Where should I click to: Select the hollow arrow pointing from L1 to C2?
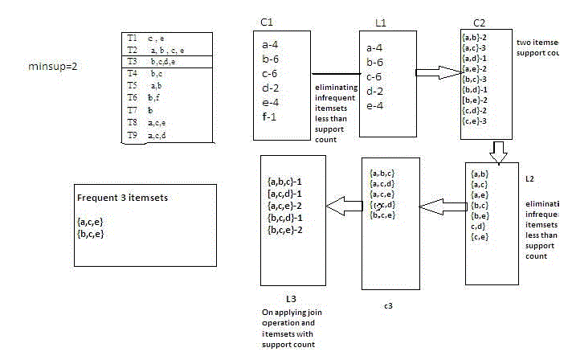439,73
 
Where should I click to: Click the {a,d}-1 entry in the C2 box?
476,58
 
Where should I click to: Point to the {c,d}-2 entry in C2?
476,110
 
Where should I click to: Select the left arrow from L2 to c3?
443,207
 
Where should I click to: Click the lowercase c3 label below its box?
387,305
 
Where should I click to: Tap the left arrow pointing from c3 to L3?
338,207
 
